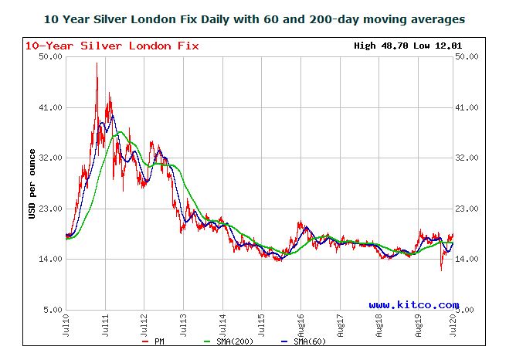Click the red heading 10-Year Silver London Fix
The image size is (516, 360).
tap(112, 46)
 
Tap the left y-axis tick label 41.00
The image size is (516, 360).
tap(49, 107)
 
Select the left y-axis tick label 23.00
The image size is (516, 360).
tap(49, 209)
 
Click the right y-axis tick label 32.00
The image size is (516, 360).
tap(470, 158)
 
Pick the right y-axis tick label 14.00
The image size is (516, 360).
tap(470, 259)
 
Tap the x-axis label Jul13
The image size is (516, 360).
tap(183, 324)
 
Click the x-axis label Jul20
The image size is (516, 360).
tap(454, 324)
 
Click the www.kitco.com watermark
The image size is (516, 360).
tap(413, 305)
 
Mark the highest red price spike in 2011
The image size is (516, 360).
tap(97, 63)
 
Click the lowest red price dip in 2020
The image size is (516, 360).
tap(441, 270)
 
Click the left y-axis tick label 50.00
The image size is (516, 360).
tap(49, 56)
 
